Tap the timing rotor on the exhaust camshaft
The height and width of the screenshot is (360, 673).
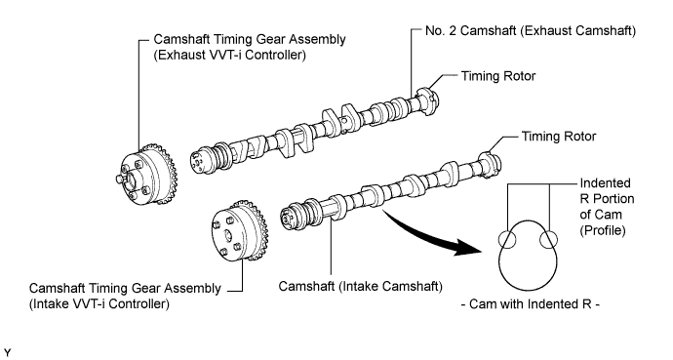click(x=427, y=101)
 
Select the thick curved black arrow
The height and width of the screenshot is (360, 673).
click(x=429, y=234)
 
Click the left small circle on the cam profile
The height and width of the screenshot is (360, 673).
click(x=508, y=239)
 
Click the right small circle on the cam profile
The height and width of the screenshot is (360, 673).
click(x=549, y=239)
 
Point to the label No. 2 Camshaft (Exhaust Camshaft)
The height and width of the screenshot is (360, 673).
click(x=531, y=31)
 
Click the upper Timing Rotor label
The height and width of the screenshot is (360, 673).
click(x=498, y=76)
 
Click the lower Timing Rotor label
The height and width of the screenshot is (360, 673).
click(x=559, y=137)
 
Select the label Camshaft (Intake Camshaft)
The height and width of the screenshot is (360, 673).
click(x=361, y=286)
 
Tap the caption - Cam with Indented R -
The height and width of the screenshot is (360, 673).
click(x=530, y=303)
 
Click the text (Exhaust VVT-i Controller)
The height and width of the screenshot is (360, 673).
click(x=229, y=56)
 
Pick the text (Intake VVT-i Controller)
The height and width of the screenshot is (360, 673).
click(x=99, y=303)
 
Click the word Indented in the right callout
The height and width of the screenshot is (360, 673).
click(x=605, y=183)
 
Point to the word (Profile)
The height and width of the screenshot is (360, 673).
click(x=603, y=230)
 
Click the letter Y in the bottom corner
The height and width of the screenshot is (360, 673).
click(x=7, y=353)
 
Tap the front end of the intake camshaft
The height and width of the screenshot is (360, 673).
click(x=289, y=216)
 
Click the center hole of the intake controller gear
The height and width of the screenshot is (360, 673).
click(x=227, y=235)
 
